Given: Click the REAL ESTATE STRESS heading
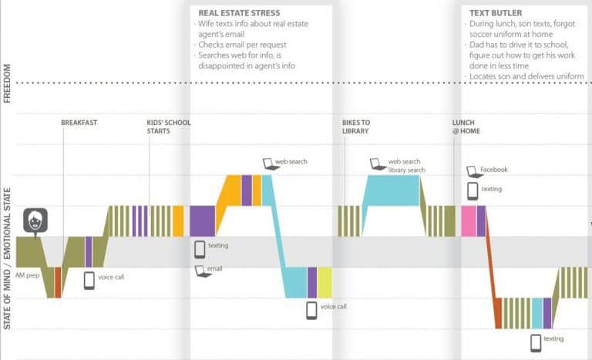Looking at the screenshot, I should click(x=239, y=13).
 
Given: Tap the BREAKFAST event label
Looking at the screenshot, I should click(x=79, y=123).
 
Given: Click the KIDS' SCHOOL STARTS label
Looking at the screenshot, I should click(x=169, y=126).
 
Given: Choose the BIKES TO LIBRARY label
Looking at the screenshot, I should click(x=355, y=126).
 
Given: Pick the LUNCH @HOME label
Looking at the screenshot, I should click(x=463, y=126).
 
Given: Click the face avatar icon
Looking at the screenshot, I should click(x=35, y=221).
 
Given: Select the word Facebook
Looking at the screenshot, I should click(x=494, y=170).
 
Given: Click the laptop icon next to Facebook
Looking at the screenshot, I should click(x=472, y=170).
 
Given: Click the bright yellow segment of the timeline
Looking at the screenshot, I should click(x=325, y=282).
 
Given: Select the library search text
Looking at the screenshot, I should click(x=407, y=170).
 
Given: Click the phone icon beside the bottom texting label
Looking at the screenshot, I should click(x=536, y=341).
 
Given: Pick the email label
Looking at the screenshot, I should click(x=214, y=269).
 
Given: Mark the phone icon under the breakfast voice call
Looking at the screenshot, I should click(x=89, y=280).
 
